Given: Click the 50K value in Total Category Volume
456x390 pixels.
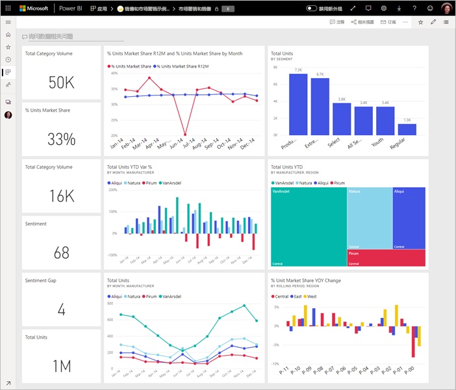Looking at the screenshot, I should point(62,82).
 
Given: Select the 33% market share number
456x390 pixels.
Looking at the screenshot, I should point(62,138).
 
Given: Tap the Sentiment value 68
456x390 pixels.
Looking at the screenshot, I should point(62,252).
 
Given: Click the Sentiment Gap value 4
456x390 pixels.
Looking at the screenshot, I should point(62,309).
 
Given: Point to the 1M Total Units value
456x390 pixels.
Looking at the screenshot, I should point(62,366).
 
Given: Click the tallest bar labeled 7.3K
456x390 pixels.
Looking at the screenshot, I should point(298,104).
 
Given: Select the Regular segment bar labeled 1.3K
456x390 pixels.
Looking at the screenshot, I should point(407,129).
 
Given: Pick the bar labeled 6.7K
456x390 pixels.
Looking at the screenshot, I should point(320,107).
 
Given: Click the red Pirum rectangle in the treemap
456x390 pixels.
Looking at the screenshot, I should point(386,258).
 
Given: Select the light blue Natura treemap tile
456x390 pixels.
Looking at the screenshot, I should point(369,218).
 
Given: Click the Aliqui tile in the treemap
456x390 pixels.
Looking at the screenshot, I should point(409,218).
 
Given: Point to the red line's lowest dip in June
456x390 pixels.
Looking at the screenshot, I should point(185,135).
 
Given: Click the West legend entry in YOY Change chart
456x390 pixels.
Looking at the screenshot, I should point(312,296).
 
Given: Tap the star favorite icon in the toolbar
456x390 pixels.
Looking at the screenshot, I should point(421,22).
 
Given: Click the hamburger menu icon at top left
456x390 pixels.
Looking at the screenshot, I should point(8,22).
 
